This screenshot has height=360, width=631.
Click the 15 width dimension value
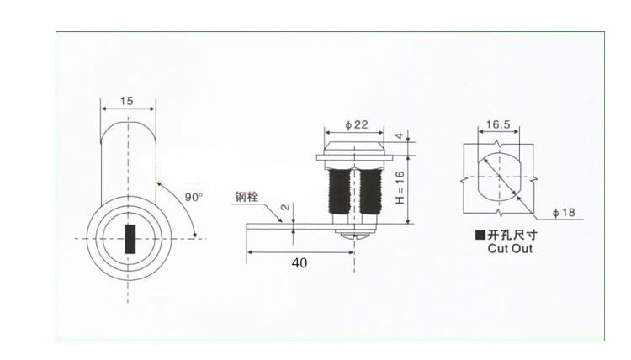pyautogui.click(x=127, y=101)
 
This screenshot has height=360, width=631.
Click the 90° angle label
pyautogui.click(x=194, y=197)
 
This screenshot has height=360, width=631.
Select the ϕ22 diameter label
pyautogui.click(x=357, y=125)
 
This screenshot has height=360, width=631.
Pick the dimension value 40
pyautogui.click(x=299, y=262)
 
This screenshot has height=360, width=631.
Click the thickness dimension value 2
pyautogui.click(x=287, y=207)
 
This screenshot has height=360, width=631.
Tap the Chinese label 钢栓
pyautogui.click(x=247, y=199)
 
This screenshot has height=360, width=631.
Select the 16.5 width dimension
pyautogui.click(x=498, y=124)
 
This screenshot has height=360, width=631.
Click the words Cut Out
pyautogui.click(x=510, y=249)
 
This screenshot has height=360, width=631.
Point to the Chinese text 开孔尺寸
pyautogui.click(x=515, y=236)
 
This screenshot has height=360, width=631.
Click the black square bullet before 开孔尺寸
pyautogui.click(x=480, y=236)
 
